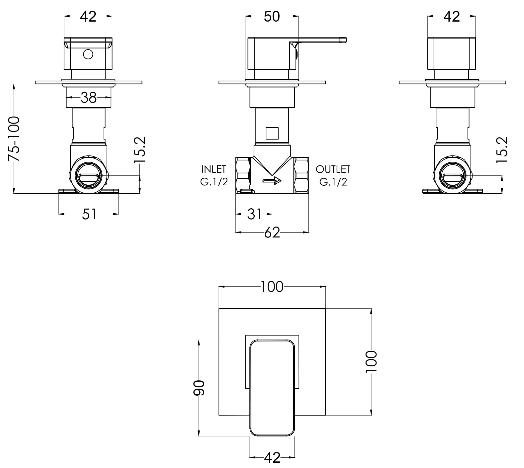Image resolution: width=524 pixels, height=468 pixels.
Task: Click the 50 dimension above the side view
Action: [272, 16]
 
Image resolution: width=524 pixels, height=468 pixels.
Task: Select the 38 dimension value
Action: [89, 98]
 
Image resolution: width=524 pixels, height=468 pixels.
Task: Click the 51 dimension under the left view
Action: [89, 214]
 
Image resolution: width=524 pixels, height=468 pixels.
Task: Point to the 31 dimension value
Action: [254, 215]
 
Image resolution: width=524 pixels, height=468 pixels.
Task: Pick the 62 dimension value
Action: [272, 233]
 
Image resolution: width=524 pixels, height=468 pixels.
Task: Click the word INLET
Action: [214, 169]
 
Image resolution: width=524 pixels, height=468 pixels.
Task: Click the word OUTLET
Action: [333, 169]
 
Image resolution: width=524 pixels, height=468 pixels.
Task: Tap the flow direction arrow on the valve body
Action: [272, 181]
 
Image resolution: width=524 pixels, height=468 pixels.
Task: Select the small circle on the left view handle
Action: [88, 54]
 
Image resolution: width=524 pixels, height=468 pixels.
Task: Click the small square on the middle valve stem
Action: [272, 133]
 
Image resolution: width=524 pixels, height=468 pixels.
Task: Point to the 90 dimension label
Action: [199, 388]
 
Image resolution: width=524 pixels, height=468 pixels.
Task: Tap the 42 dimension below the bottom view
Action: [272, 458]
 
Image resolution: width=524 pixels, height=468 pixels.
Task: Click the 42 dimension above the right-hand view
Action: [452, 16]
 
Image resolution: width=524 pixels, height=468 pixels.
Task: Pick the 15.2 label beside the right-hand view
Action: [502, 149]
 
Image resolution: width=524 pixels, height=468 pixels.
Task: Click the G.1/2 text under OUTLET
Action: [333, 182]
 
